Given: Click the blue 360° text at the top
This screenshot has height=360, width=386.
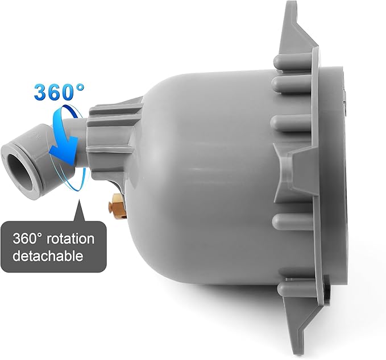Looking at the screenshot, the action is (59, 92).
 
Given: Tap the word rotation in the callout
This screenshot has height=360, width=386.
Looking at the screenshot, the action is (70, 239).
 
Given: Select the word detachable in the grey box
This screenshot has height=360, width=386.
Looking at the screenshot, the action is (48, 256).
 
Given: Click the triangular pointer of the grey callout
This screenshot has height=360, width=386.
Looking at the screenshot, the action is (79, 211).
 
